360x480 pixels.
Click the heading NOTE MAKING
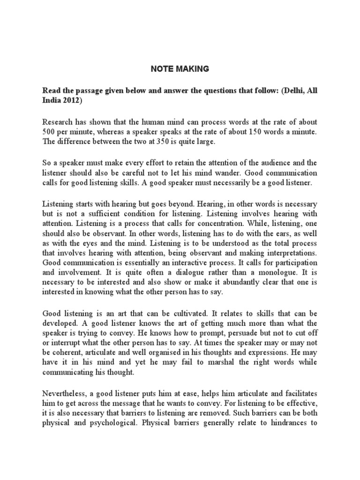tap(180, 69)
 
